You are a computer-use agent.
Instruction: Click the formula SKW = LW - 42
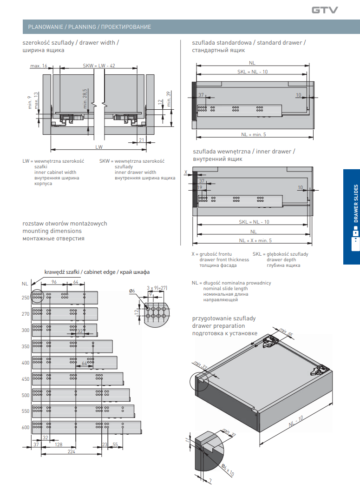[x=98, y=66]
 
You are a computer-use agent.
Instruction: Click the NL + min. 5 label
[x=253, y=134]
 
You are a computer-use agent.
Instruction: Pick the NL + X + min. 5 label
[x=255, y=240]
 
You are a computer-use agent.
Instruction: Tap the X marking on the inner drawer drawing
[x=186, y=172]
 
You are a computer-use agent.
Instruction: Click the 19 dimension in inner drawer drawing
[x=200, y=187]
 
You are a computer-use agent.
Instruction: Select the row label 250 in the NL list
[x=25, y=298]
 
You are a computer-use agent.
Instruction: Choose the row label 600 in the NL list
[x=25, y=427]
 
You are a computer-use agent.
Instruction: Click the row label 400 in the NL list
[x=25, y=362]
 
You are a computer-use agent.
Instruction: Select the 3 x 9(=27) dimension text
[x=157, y=288]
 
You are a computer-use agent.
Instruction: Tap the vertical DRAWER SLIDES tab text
[x=356, y=203]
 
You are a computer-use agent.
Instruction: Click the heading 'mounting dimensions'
[x=52, y=231]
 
